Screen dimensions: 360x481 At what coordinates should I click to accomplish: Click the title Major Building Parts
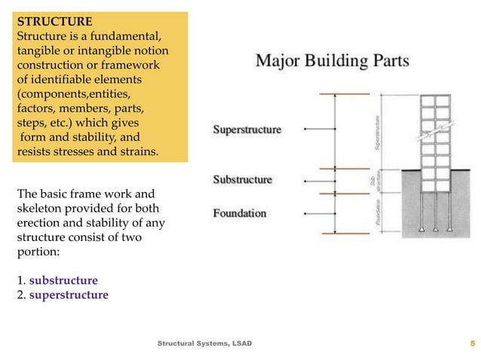[333, 61]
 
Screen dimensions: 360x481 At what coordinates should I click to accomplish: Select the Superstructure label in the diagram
[247, 130]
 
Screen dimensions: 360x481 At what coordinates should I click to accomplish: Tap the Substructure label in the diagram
[243, 180]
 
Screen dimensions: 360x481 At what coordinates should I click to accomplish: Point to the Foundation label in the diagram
[240, 213]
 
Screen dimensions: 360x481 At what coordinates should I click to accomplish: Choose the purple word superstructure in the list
[69, 294]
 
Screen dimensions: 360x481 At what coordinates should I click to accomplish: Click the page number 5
[472, 343]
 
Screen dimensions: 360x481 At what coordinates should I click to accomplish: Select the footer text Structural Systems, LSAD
[204, 343]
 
